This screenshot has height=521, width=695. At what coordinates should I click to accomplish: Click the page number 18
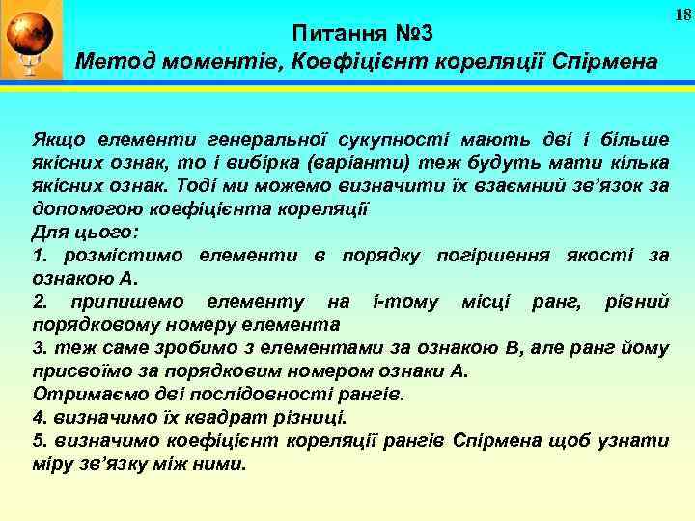click(x=682, y=14)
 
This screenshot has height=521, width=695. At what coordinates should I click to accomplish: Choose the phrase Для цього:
click(x=86, y=232)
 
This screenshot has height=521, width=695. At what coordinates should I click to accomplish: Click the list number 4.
click(x=40, y=417)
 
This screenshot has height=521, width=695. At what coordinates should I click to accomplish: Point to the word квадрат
click(x=186, y=417)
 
